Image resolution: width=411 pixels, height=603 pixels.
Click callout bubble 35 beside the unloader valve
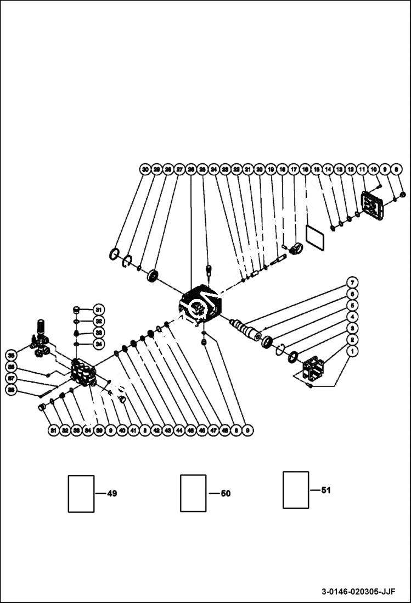coord(12,354)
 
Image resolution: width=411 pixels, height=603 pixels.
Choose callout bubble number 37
coord(12,378)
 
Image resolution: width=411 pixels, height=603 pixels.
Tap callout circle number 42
coord(156,431)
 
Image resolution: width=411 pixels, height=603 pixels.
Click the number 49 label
coord(111,494)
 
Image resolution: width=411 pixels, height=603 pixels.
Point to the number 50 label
coord(225,494)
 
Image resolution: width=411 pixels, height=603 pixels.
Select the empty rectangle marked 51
coord(296,490)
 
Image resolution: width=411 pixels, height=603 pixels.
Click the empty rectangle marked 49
coord(81,494)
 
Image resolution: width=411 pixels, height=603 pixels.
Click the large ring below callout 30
coord(114,254)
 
